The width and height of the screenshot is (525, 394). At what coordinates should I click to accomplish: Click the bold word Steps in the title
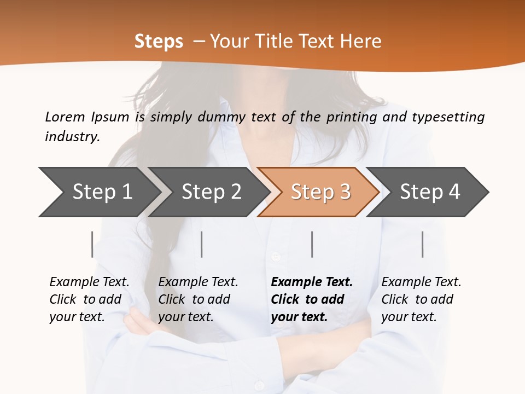(159, 41)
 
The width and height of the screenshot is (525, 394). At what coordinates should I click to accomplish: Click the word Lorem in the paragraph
(65, 117)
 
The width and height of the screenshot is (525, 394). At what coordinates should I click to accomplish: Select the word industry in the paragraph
(72, 136)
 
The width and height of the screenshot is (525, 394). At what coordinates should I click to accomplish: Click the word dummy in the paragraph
(223, 117)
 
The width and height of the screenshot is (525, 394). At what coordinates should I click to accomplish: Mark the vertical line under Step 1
(92, 244)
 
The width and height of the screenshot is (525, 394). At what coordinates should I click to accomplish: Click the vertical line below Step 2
(202, 244)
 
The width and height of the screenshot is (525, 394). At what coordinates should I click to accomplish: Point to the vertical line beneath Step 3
(312, 244)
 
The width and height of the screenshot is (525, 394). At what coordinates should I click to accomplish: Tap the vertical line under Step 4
(423, 244)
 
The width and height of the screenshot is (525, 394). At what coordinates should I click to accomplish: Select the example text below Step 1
(89, 299)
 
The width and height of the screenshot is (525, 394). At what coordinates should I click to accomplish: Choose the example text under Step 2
(198, 299)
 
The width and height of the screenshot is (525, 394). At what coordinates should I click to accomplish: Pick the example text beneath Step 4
(421, 299)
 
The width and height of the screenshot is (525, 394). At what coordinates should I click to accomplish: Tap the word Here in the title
(361, 41)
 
